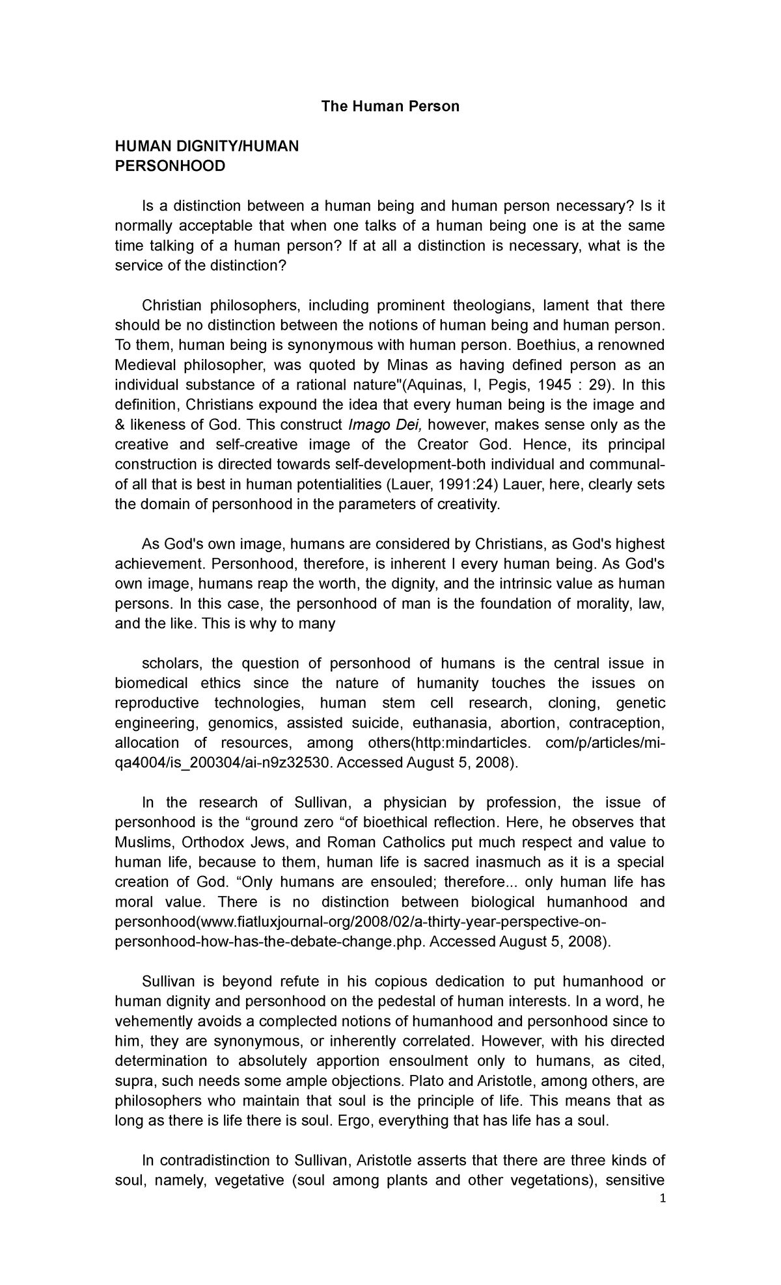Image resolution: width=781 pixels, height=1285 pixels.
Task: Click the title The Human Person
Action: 390,106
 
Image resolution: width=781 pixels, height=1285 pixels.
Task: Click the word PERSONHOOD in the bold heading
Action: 170,166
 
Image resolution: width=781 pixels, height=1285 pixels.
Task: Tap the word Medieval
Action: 144,365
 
